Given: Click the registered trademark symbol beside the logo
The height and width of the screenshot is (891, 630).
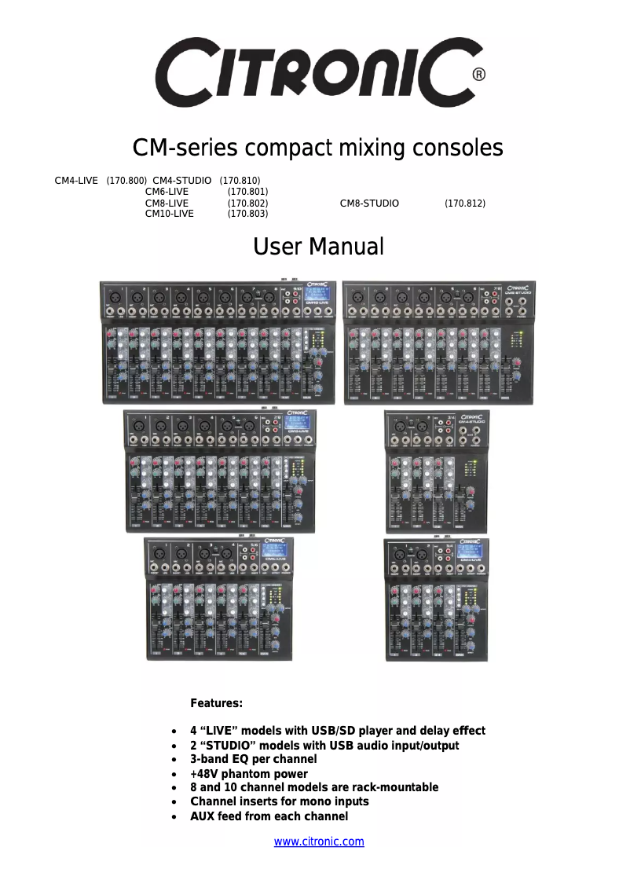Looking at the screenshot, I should pos(478,75).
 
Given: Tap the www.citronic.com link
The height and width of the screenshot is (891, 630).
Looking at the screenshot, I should pos(319,841).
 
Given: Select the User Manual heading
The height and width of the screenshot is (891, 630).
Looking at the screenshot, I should pos(318,247).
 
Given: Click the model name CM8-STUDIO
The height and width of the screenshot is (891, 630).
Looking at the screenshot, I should pos(369,203).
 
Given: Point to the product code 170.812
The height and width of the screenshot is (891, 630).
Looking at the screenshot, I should pos(464,203).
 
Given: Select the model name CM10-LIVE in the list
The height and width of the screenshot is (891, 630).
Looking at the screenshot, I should pos(170,214).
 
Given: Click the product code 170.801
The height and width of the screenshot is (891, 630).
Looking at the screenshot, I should pos(247,192).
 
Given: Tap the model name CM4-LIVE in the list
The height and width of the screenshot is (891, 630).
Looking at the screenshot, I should pos(76,181).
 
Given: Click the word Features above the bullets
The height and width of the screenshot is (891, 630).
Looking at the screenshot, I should pos(217,702).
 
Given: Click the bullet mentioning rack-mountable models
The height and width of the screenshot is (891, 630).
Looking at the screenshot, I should pos(314,787).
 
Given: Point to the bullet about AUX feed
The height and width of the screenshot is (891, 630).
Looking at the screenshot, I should pos(269,816).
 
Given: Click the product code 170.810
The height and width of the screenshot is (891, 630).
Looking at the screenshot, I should pos(240,181).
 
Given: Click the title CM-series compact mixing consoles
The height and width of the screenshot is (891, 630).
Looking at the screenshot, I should pos(318,148).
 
